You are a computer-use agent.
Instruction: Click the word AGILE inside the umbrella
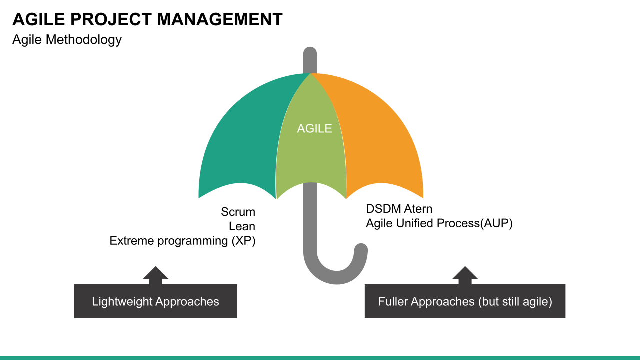[314, 128]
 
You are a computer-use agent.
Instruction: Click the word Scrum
[238, 212]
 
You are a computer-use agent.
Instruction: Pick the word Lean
[242, 226]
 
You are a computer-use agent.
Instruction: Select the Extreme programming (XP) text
[182, 241]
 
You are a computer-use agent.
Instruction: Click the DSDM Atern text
[399, 208]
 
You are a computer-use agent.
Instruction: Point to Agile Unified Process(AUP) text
[439, 223]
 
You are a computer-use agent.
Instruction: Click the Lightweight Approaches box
[155, 301]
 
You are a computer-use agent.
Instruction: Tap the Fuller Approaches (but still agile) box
[465, 301]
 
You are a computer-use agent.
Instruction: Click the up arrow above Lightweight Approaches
[155, 274]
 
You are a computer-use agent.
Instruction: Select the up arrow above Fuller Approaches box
[465, 274]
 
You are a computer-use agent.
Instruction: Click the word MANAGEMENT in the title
[220, 19]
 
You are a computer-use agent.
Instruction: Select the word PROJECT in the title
[111, 19]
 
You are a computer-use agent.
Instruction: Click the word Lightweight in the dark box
[122, 301]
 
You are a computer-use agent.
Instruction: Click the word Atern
[416, 208]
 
